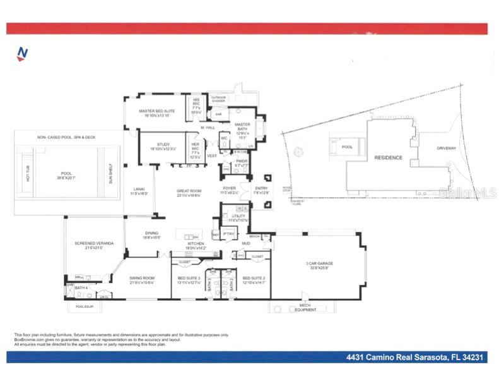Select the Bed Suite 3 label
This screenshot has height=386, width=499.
(x=189, y=279)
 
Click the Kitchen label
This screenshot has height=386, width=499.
(x=196, y=245)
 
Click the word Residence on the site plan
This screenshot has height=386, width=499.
(x=388, y=157)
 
